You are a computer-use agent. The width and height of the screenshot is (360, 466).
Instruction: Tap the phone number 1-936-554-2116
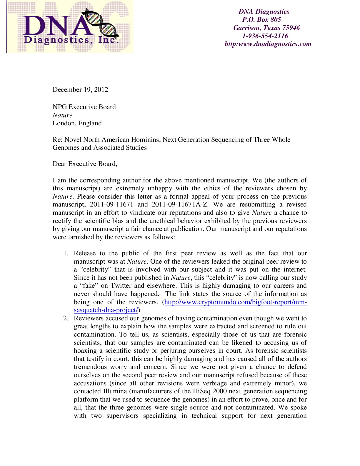point(265,36)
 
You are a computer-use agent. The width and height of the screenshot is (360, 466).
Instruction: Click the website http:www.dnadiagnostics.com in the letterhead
point(268,44)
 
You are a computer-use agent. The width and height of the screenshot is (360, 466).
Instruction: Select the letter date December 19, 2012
point(80,90)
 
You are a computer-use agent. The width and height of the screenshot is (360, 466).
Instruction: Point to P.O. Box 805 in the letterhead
point(261,20)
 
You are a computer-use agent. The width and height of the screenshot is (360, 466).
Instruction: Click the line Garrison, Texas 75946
point(266,28)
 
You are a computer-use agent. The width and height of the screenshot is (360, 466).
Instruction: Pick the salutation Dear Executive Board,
point(85,164)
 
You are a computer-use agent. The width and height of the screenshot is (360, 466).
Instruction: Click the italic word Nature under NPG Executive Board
point(62,115)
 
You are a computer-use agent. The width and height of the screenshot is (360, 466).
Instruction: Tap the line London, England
point(77,123)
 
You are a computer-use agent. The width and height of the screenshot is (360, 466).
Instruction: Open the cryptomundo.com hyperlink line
point(236,302)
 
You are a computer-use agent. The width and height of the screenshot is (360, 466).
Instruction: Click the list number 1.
point(66,254)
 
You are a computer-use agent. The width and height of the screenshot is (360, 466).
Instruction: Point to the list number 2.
point(66,318)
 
